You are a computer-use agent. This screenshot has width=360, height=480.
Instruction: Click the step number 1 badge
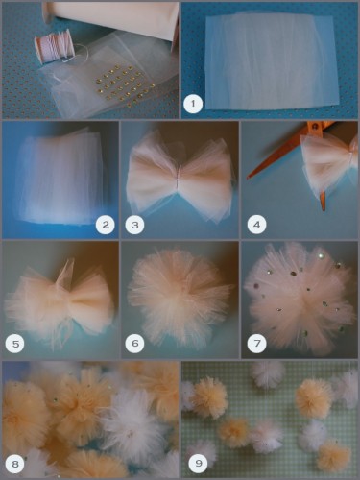[193, 104]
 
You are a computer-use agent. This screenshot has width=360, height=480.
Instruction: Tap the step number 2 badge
[106, 225]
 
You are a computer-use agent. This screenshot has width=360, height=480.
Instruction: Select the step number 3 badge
[134, 225]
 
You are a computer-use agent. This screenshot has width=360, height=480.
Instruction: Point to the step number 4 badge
[256, 225]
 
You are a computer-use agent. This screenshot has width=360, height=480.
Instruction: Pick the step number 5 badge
[15, 344]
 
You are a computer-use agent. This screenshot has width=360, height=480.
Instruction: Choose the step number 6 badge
[134, 344]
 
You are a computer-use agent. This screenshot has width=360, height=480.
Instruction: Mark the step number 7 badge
[256, 344]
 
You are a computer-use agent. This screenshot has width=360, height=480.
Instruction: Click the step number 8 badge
[15, 464]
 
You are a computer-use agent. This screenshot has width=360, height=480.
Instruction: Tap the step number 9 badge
[198, 463]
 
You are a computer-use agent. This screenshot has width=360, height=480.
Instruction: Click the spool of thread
[55, 46]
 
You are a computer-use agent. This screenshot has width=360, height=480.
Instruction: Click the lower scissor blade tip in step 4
[324, 209]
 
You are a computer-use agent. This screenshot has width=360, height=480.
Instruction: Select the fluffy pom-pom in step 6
[180, 298]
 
